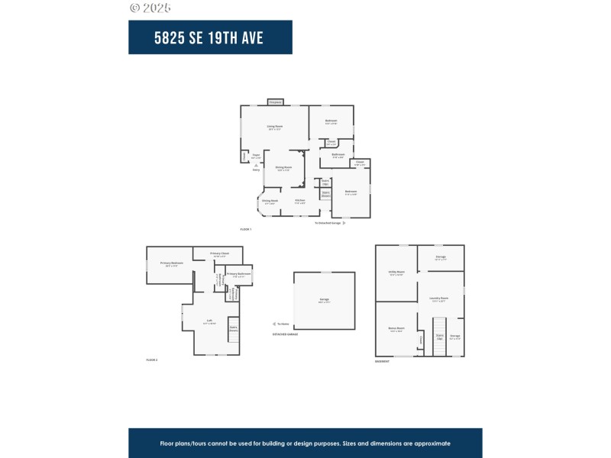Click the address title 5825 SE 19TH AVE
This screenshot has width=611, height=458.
(x=210, y=37)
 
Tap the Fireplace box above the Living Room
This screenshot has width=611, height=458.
(x=275, y=102)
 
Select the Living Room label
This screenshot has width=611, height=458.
(x=275, y=126)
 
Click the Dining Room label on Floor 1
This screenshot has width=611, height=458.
(x=283, y=167)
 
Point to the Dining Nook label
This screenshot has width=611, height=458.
(x=270, y=202)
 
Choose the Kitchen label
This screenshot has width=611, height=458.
(x=300, y=201)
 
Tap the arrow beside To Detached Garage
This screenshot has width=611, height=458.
(x=344, y=223)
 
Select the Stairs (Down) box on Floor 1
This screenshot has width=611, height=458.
(x=325, y=194)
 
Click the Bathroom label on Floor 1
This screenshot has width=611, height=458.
(x=338, y=154)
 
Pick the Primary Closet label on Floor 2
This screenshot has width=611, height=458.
(x=220, y=253)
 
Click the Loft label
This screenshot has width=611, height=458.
(x=209, y=321)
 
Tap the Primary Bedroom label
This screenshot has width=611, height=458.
(x=172, y=263)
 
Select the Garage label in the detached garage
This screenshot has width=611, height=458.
(x=325, y=301)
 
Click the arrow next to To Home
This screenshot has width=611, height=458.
(x=273, y=324)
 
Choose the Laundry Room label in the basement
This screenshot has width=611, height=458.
(x=439, y=298)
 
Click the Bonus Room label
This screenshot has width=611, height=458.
(x=396, y=329)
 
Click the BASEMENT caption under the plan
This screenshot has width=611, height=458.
(x=382, y=361)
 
